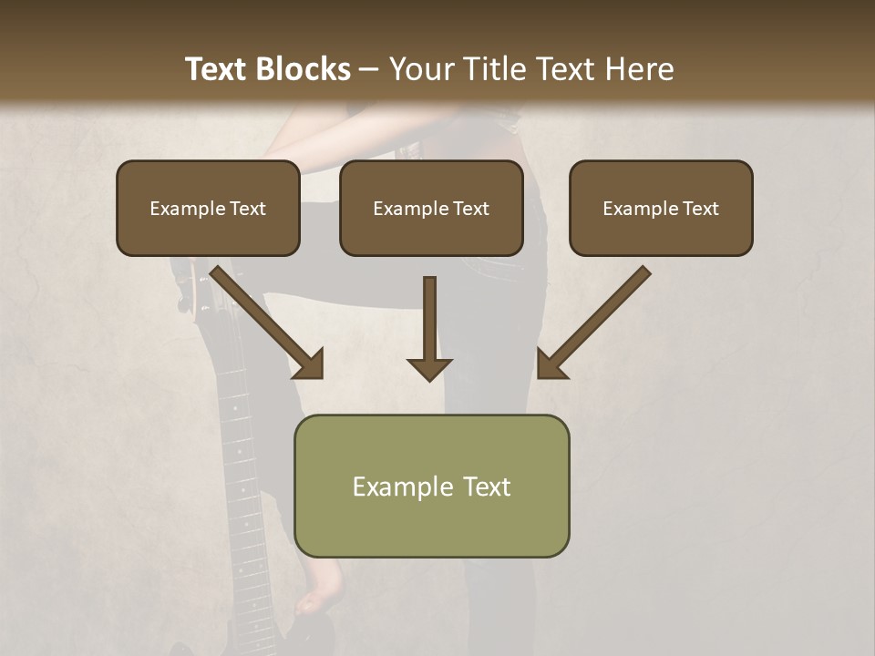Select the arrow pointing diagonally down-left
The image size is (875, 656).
click(x=592, y=324)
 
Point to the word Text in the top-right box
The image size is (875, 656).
click(x=700, y=209)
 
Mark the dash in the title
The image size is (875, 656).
click(x=370, y=69)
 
